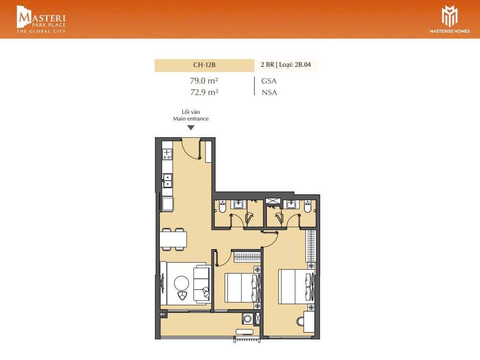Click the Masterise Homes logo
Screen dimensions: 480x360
(449, 19)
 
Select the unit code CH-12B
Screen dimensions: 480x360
(204, 65)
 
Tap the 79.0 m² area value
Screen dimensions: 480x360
(204, 81)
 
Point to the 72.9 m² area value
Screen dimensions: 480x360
(204, 92)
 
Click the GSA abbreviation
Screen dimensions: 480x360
(269, 81)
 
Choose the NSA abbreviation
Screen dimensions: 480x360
(269, 93)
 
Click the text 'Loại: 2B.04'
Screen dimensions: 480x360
(295, 65)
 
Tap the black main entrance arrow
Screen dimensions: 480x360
(191, 128)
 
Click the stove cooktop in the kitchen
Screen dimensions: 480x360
(167, 154)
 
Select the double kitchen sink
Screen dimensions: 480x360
(167, 180)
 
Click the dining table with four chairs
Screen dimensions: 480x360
(173, 239)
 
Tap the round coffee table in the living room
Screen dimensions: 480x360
(181, 283)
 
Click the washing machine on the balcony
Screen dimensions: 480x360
(247, 319)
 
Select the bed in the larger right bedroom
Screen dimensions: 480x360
(296, 287)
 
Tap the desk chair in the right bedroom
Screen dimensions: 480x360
(300, 322)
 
